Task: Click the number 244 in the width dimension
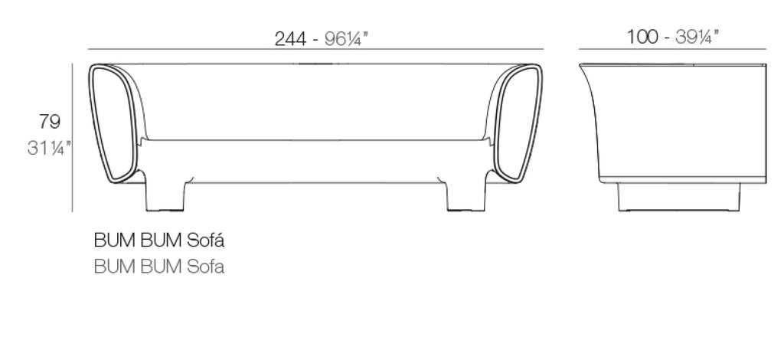coord(290,38)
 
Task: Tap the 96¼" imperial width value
coord(347,38)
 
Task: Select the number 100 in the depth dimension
coord(642,37)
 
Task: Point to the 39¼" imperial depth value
coord(697,37)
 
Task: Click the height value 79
coord(50,122)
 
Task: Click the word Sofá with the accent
coord(205,241)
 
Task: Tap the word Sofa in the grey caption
coord(205,267)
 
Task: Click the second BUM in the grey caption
coord(161,267)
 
